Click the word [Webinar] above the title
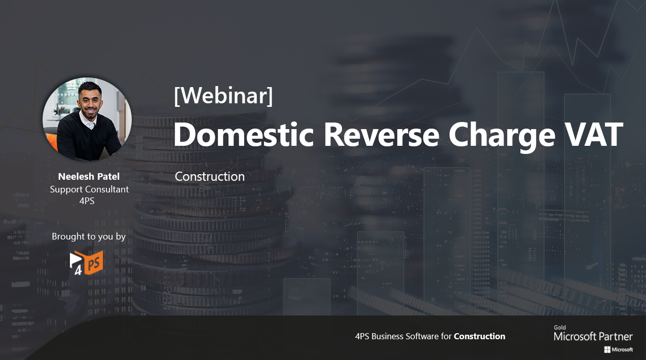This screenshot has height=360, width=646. tap(223, 96)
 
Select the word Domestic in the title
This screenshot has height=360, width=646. tap(243, 135)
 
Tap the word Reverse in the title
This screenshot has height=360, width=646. tap(382, 135)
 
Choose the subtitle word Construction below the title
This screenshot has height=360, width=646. tap(210, 176)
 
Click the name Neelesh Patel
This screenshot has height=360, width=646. tap(89, 176)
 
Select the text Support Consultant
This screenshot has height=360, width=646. tap(89, 189)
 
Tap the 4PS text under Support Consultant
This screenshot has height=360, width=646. tap(87, 201)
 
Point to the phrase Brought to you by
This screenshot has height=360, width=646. tap(89, 236)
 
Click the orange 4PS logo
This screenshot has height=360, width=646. tap(87, 263)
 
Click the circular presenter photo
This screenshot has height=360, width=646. tap(87, 119)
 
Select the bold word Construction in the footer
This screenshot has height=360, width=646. tap(479, 336)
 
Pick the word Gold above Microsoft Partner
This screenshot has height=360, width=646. tap(560, 328)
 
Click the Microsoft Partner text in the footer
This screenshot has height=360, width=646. tap(593, 336)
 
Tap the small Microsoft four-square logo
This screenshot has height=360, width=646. tap(607, 350)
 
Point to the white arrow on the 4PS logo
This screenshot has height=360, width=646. tap(75, 259)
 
